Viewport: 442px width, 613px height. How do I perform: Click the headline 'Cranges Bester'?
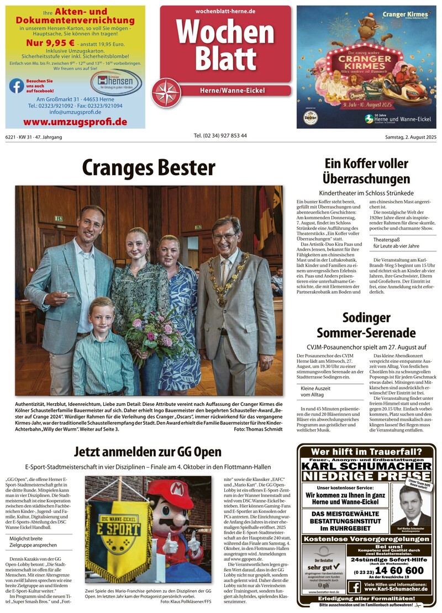[x=149, y=167]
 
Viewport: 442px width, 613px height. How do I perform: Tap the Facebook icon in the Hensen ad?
[x=17, y=86]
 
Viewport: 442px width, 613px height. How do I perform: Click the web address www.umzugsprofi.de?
[x=75, y=121]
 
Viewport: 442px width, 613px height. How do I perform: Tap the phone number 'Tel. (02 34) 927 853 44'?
[x=220, y=136]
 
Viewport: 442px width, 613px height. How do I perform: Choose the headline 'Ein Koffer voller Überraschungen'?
[x=366, y=171]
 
